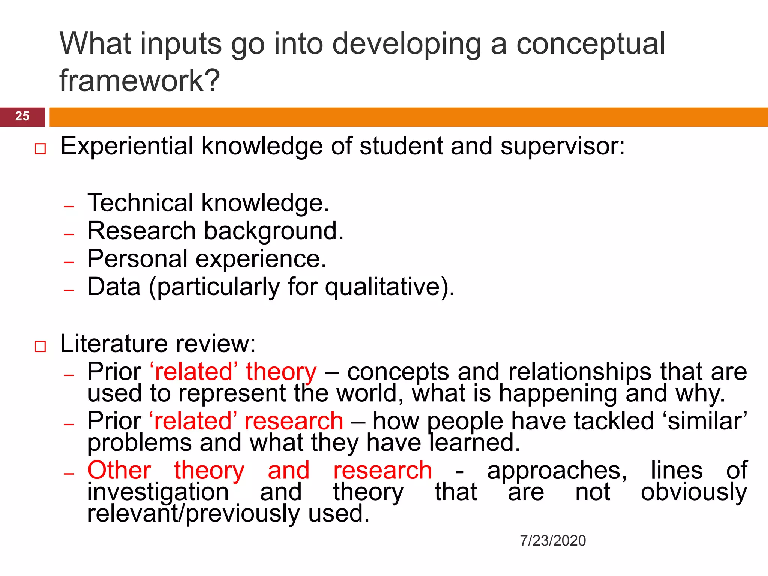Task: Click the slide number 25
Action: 22,116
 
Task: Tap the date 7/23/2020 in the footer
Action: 553,541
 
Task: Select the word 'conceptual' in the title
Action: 591,44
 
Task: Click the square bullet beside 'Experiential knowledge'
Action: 40,149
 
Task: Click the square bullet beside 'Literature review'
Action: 40,346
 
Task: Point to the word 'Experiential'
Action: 127,146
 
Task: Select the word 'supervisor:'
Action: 563,146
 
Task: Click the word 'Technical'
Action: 140,203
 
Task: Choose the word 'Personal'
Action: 137,259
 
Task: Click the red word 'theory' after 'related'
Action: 281,372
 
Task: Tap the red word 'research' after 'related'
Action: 294,421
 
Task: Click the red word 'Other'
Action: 119,470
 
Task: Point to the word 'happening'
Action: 558,394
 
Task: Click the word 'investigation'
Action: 158,492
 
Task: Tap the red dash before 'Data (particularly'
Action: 69,290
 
